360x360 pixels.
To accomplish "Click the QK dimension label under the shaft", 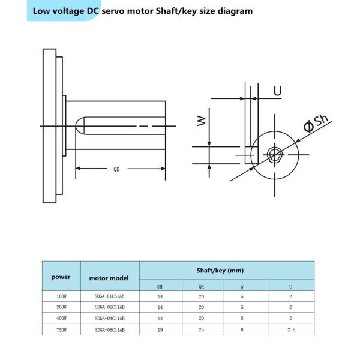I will [x=116, y=170].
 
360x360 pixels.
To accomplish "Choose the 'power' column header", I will [x=61, y=277].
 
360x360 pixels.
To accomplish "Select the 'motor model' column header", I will [x=110, y=278].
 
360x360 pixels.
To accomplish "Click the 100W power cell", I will [x=61, y=296].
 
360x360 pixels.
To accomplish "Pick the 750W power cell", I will [x=61, y=329].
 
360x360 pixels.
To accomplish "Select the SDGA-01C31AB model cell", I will [x=110, y=296].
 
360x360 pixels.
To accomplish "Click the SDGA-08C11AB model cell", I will [x=110, y=329].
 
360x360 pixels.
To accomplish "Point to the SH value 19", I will [x=160, y=329].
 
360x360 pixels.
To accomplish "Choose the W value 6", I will [x=242, y=329].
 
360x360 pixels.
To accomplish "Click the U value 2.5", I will [x=290, y=329].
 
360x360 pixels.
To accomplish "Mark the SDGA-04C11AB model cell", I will [x=110, y=318].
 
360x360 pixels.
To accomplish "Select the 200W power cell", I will [x=61, y=307].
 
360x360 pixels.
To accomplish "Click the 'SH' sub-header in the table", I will [x=160, y=286].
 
